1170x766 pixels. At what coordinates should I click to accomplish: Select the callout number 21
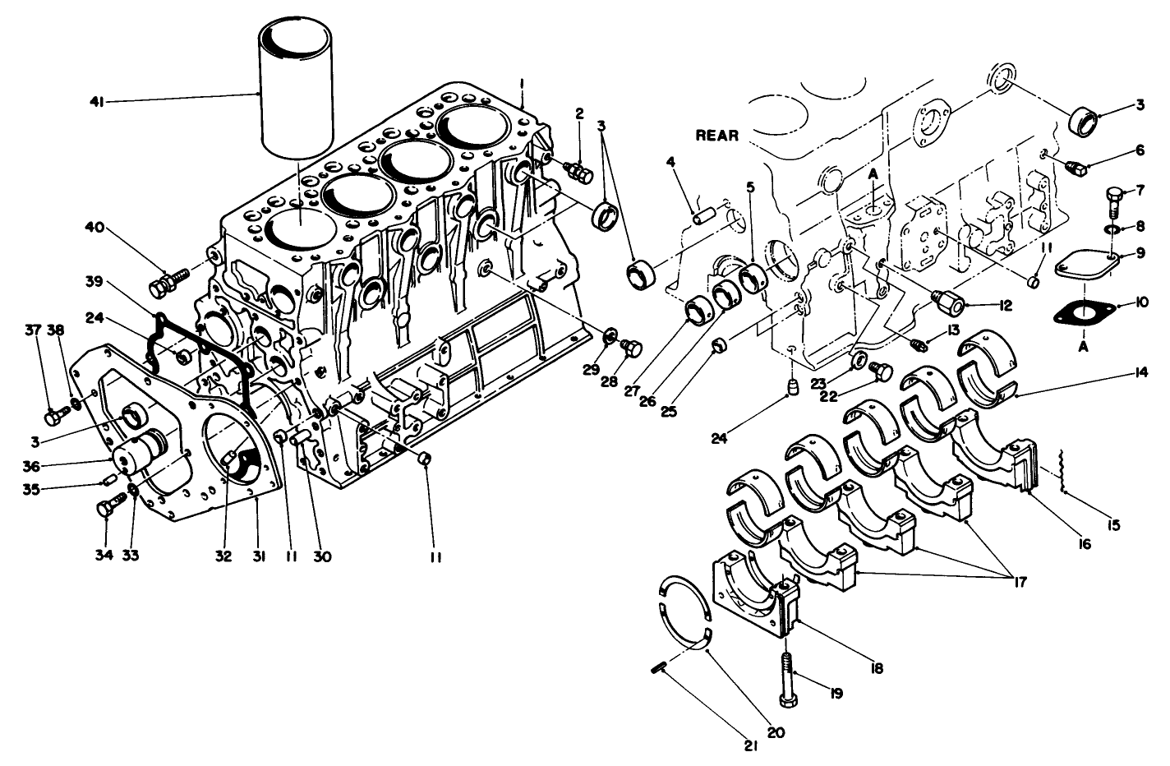click(750, 747)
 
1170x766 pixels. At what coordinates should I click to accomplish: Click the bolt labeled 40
click(164, 284)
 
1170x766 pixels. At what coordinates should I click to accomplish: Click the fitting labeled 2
click(581, 173)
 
